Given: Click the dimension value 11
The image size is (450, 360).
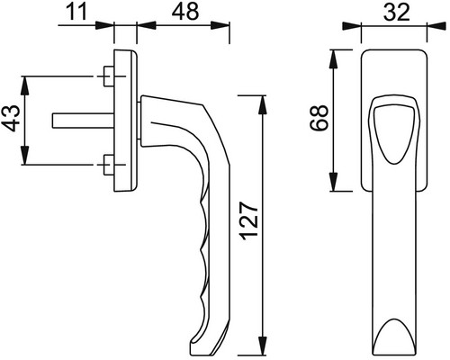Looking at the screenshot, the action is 76,12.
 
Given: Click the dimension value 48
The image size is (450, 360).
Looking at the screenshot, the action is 185,12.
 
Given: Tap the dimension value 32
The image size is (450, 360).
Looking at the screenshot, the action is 397,13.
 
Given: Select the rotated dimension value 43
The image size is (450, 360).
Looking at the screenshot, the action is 13,118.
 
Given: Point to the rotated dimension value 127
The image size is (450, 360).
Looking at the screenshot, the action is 249,221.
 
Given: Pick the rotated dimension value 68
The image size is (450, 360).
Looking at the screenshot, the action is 319,118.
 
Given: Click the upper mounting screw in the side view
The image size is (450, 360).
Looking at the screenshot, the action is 109,76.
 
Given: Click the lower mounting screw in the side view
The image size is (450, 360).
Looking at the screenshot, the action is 109,165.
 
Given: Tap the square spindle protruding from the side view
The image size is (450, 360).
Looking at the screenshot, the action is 83,121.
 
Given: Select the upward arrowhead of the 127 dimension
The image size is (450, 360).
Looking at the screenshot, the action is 263,104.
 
